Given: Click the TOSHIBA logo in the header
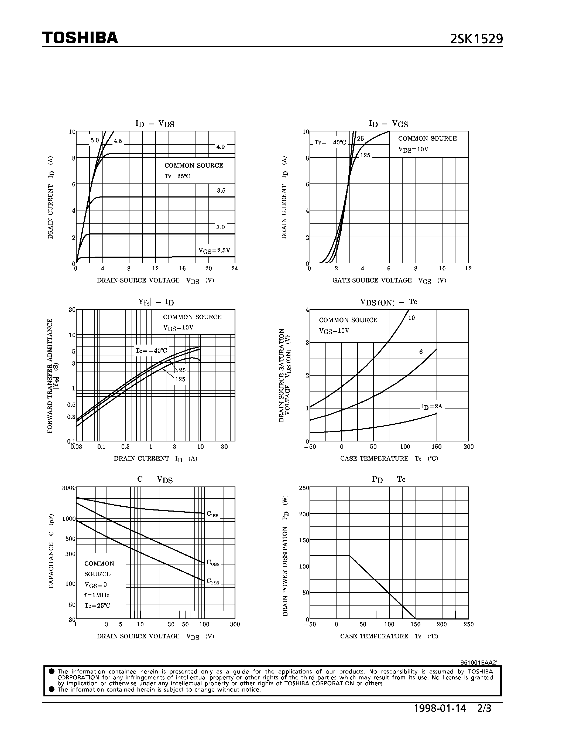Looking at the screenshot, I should (x=80, y=38).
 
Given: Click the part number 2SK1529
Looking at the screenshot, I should (x=476, y=39).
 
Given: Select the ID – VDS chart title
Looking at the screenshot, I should (x=155, y=124).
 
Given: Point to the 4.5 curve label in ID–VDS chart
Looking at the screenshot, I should (x=118, y=141).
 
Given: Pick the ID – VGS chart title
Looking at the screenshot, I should (x=388, y=124).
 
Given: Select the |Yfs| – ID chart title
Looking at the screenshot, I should (x=155, y=302).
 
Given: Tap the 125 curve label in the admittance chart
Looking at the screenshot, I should (x=180, y=379).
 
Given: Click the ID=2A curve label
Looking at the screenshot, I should (x=432, y=406).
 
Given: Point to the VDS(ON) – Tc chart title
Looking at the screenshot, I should (x=389, y=302).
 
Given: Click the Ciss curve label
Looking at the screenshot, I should (x=212, y=514).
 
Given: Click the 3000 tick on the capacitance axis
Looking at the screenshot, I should (x=68, y=488).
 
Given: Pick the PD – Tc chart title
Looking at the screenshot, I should (x=389, y=479).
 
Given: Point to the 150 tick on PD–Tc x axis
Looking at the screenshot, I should (x=416, y=624).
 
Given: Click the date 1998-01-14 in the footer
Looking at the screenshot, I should (x=440, y=708).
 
